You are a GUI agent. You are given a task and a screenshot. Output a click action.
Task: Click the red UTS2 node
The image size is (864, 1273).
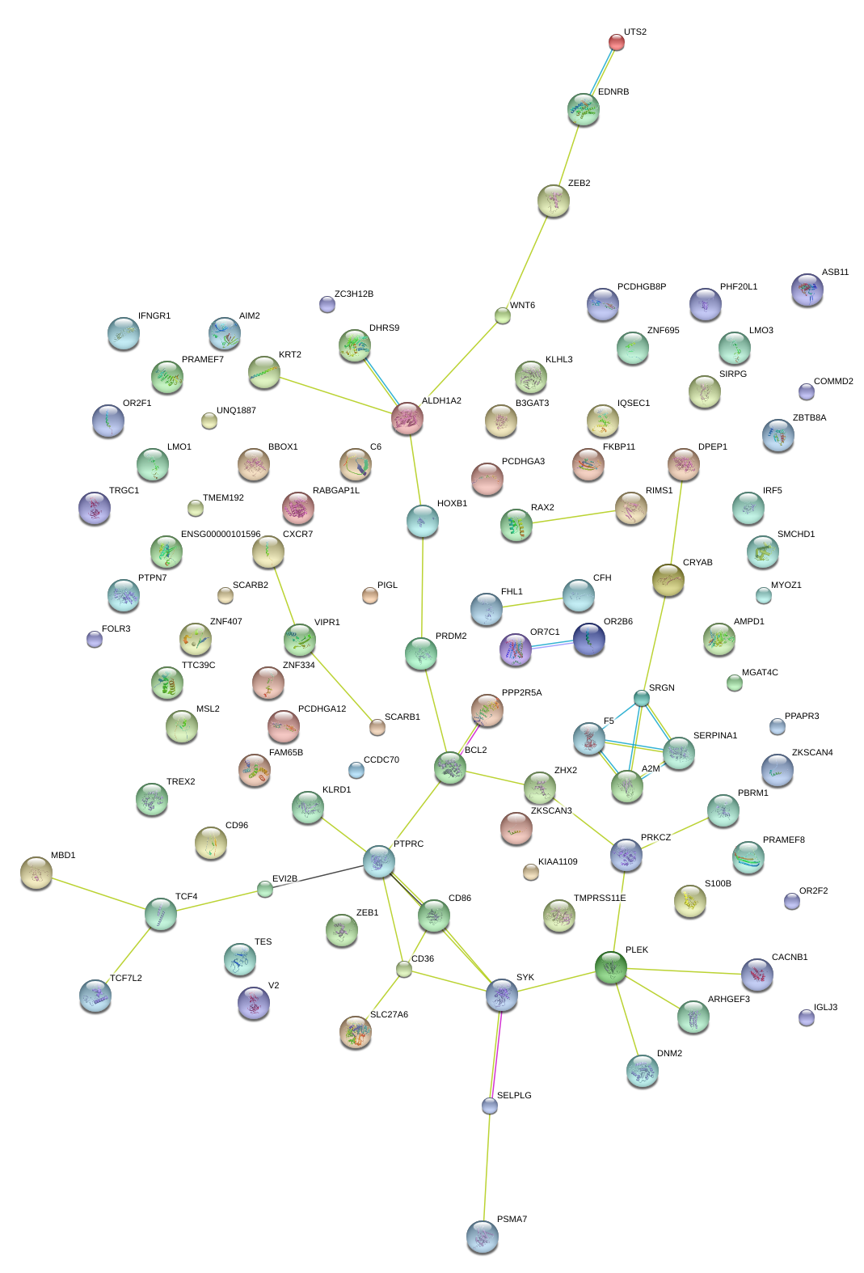tap(617, 42)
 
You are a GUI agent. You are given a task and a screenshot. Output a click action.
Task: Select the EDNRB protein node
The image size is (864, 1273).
tap(583, 109)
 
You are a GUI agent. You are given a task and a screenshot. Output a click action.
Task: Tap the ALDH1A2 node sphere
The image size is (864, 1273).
tap(407, 418)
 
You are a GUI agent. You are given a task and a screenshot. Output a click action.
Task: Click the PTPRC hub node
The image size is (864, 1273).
tap(379, 861)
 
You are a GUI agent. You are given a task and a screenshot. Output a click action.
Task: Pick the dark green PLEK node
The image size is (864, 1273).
tap(611, 966)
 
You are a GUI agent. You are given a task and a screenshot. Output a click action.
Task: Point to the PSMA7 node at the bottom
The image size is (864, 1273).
tap(483, 1236)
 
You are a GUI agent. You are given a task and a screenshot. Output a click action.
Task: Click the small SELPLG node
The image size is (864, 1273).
tap(490, 1106)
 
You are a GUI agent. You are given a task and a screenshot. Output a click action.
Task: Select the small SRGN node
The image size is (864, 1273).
tap(641, 697)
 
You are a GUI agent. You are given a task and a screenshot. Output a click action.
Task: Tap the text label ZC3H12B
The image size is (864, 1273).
tap(353, 294)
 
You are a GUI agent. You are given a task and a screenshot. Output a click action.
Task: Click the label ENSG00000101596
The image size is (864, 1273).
tap(221, 535)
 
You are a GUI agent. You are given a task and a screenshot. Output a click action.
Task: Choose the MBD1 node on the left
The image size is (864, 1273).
tap(36, 872)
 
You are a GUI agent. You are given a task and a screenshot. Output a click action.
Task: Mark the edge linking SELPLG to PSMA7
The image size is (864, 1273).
tap(487, 1165)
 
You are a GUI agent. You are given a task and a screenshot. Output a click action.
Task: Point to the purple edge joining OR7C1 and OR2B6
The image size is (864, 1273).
tap(552, 645)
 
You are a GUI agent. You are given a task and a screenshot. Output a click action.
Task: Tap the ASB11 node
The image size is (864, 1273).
tap(807, 290)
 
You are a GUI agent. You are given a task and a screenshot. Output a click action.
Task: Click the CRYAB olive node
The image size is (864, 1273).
tap(668, 579)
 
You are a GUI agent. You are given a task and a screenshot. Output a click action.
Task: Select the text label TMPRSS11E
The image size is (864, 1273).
tap(600, 899)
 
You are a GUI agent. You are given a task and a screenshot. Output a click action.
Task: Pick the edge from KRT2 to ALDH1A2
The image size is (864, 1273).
tap(335, 395)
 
